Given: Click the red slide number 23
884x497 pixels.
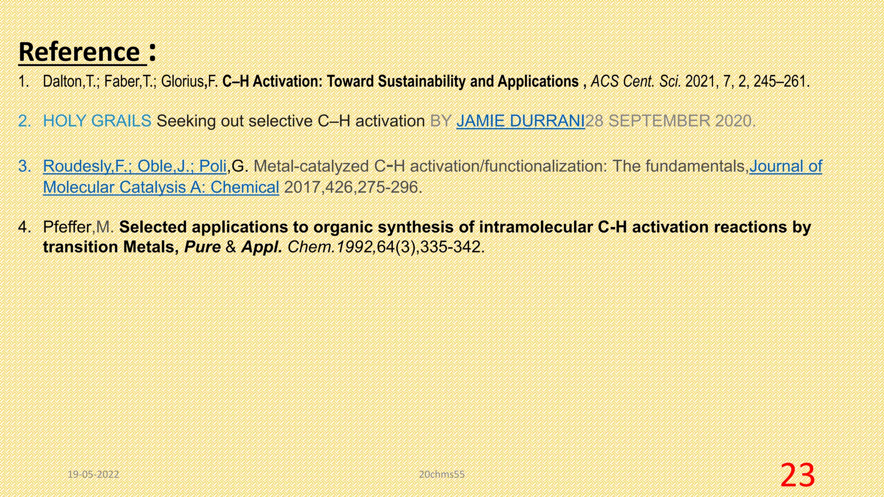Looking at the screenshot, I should pos(797,475).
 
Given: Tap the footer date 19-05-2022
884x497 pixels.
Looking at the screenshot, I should pos(93,475).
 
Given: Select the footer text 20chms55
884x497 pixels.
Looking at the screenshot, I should pos(442,475).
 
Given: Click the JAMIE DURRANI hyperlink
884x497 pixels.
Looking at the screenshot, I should pos(520,121).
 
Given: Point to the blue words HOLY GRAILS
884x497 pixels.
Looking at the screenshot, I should pos(97,121).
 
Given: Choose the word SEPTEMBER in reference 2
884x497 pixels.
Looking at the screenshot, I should pos(659,121).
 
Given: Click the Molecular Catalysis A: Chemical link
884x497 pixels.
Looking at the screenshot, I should pos(161,187).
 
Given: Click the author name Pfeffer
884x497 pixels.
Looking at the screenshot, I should pos(67,227).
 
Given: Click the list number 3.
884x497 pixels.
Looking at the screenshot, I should pos(25,166).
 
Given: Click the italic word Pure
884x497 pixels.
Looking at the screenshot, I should pos(202,247).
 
